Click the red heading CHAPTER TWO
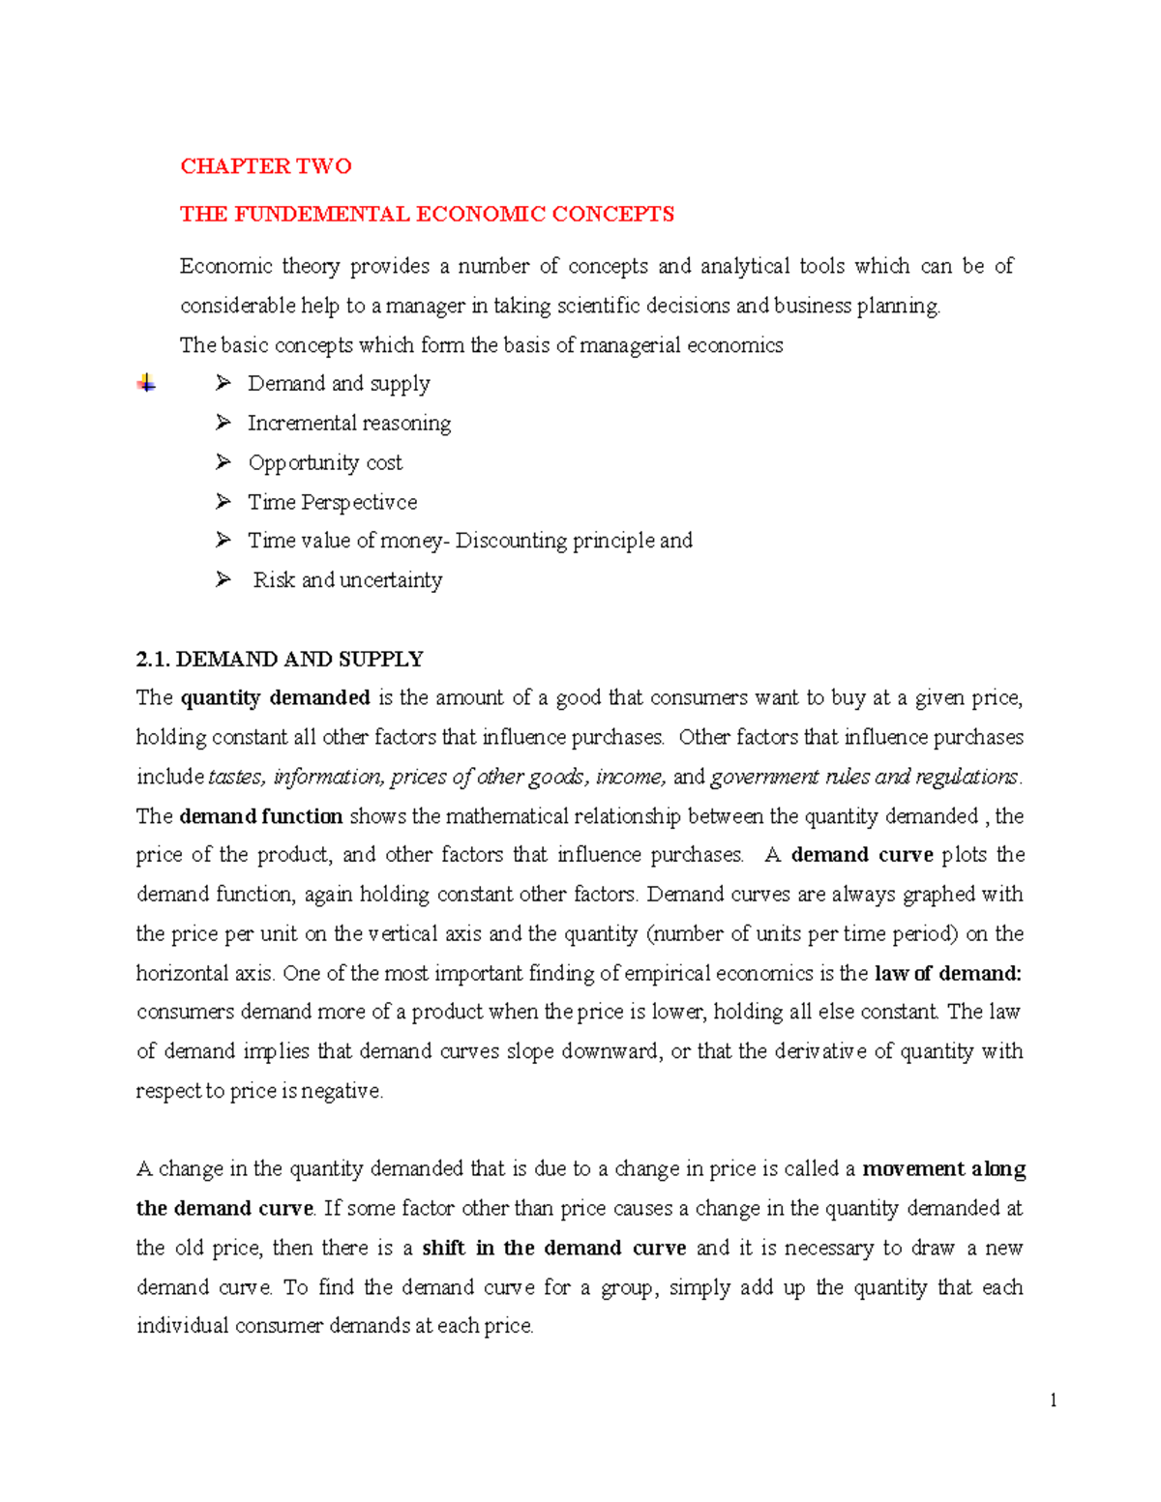[x=265, y=166]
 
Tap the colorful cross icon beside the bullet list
[x=146, y=383]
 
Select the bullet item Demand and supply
[x=339, y=384]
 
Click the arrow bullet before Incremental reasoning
[x=223, y=423]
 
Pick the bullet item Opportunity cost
[x=325, y=463]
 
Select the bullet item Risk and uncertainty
[x=347, y=580]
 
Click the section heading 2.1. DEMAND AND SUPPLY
[x=280, y=660]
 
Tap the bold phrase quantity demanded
[x=276, y=698]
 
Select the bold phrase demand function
[x=261, y=816]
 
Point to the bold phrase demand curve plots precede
[x=861, y=855]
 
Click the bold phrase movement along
[x=943, y=1169]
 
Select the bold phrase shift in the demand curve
[x=553, y=1249]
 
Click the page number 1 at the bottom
[x=1053, y=1400]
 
